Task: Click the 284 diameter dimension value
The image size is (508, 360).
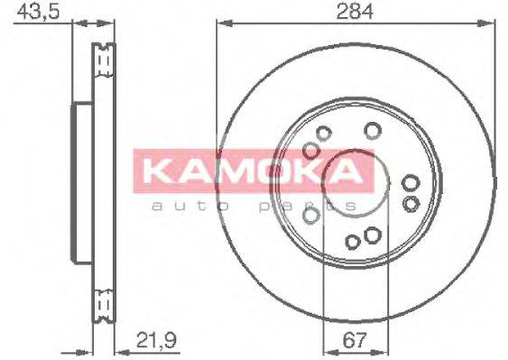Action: pos(356,13)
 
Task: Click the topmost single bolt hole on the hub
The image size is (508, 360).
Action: pos(370,131)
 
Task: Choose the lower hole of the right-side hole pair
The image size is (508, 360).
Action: pos(411,202)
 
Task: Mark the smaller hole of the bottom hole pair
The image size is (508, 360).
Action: pos(354,241)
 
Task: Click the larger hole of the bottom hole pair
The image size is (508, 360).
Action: pos(371,237)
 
